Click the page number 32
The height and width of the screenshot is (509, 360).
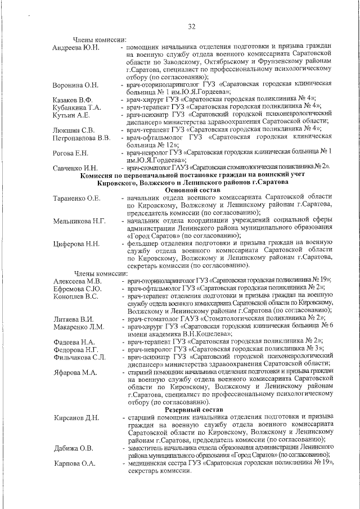[192, 26]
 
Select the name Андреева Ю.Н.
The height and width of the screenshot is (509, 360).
[76, 47]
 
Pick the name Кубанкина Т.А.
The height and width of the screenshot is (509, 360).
[77, 107]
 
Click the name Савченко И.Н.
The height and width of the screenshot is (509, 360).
[76, 168]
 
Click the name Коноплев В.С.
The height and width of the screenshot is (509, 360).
[76, 296]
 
